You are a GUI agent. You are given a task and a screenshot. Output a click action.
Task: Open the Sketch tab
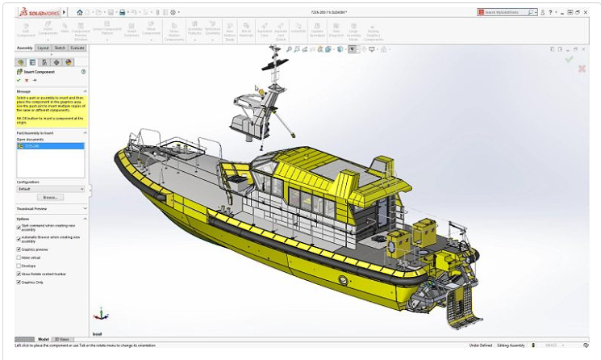(x=61, y=48)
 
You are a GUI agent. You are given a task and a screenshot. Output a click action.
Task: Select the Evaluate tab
(x=77, y=48)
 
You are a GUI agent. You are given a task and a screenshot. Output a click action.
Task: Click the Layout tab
(x=43, y=48)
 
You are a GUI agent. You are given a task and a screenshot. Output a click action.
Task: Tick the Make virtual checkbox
(x=19, y=257)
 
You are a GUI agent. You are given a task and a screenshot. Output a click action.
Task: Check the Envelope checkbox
(x=19, y=266)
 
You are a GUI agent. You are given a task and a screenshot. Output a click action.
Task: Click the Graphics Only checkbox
(x=19, y=283)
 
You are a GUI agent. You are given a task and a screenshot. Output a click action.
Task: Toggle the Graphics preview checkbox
(x=19, y=249)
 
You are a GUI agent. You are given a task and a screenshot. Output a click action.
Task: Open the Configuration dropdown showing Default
(x=51, y=189)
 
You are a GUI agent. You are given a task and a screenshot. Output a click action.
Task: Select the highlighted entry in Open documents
(x=36, y=147)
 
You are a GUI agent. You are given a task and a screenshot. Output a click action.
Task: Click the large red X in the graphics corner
(x=582, y=69)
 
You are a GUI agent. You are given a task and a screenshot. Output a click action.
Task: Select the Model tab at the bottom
(x=44, y=340)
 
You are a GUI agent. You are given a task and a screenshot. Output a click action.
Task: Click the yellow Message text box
(x=51, y=107)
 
